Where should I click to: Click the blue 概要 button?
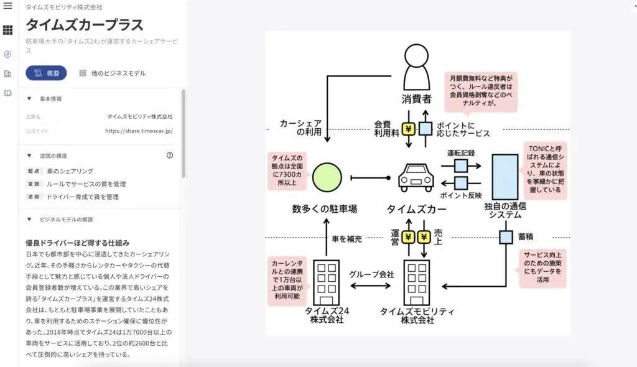pyautogui.click(x=46, y=73)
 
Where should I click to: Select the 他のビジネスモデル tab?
pyautogui.click(x=112, y=73)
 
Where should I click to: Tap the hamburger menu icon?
pyautogui.click(x=8, y=6)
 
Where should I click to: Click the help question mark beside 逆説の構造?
pyautogui.click(x=170, y=156)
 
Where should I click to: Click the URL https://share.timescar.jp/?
pyautogui.click(x=138, y=131)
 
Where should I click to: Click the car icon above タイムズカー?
pyautogui.click(x=416, y=178)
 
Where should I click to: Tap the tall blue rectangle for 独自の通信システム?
pyautogui.click(x=504, y=177)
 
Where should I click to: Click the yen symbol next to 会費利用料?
pyautogui.click(x=409, y=129)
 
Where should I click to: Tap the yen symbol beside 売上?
pyautogui.click(x=424, y=237)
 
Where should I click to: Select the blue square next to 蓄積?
pyautogui.click(x=505, y=237)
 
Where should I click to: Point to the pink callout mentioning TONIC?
pyautogui.click(x=544, y=169)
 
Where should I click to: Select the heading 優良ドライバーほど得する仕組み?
pyautogui.click(x=81, y=242)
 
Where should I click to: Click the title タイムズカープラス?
pyautogui.click(x=85, y=25)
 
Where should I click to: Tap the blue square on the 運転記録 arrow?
pyautogui.click(x=461, y=165)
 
